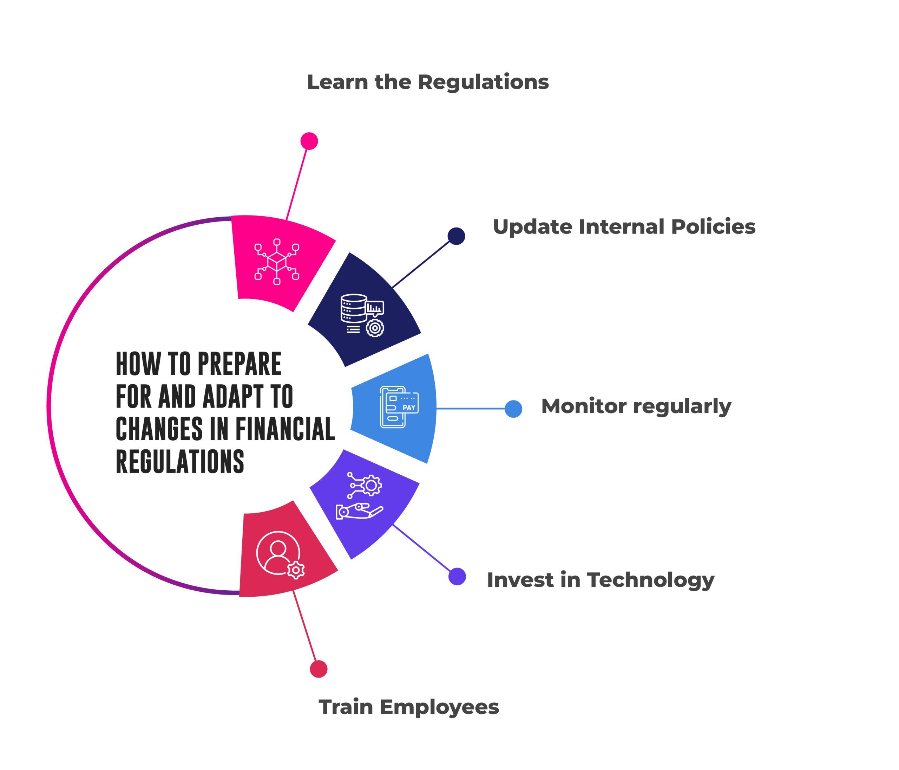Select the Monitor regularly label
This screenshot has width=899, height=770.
tap(636, 406)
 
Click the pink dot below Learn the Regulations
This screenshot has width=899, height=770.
tap(309, 141)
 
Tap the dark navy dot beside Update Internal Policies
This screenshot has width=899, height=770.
tap(457, 236)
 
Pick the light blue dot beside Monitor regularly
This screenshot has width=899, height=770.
tap(513, 409)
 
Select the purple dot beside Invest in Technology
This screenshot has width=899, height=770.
tap(457, 576)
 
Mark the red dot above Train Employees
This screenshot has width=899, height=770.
tap(319, 669)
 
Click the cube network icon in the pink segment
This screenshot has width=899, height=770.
tap(277, 262)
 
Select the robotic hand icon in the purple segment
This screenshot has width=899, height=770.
tap(360, 496)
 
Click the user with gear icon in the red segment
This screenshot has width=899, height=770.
tap(280, 554)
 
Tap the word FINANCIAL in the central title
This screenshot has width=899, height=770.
tap(285, 429)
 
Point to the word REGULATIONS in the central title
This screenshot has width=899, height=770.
tap(180, 461)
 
